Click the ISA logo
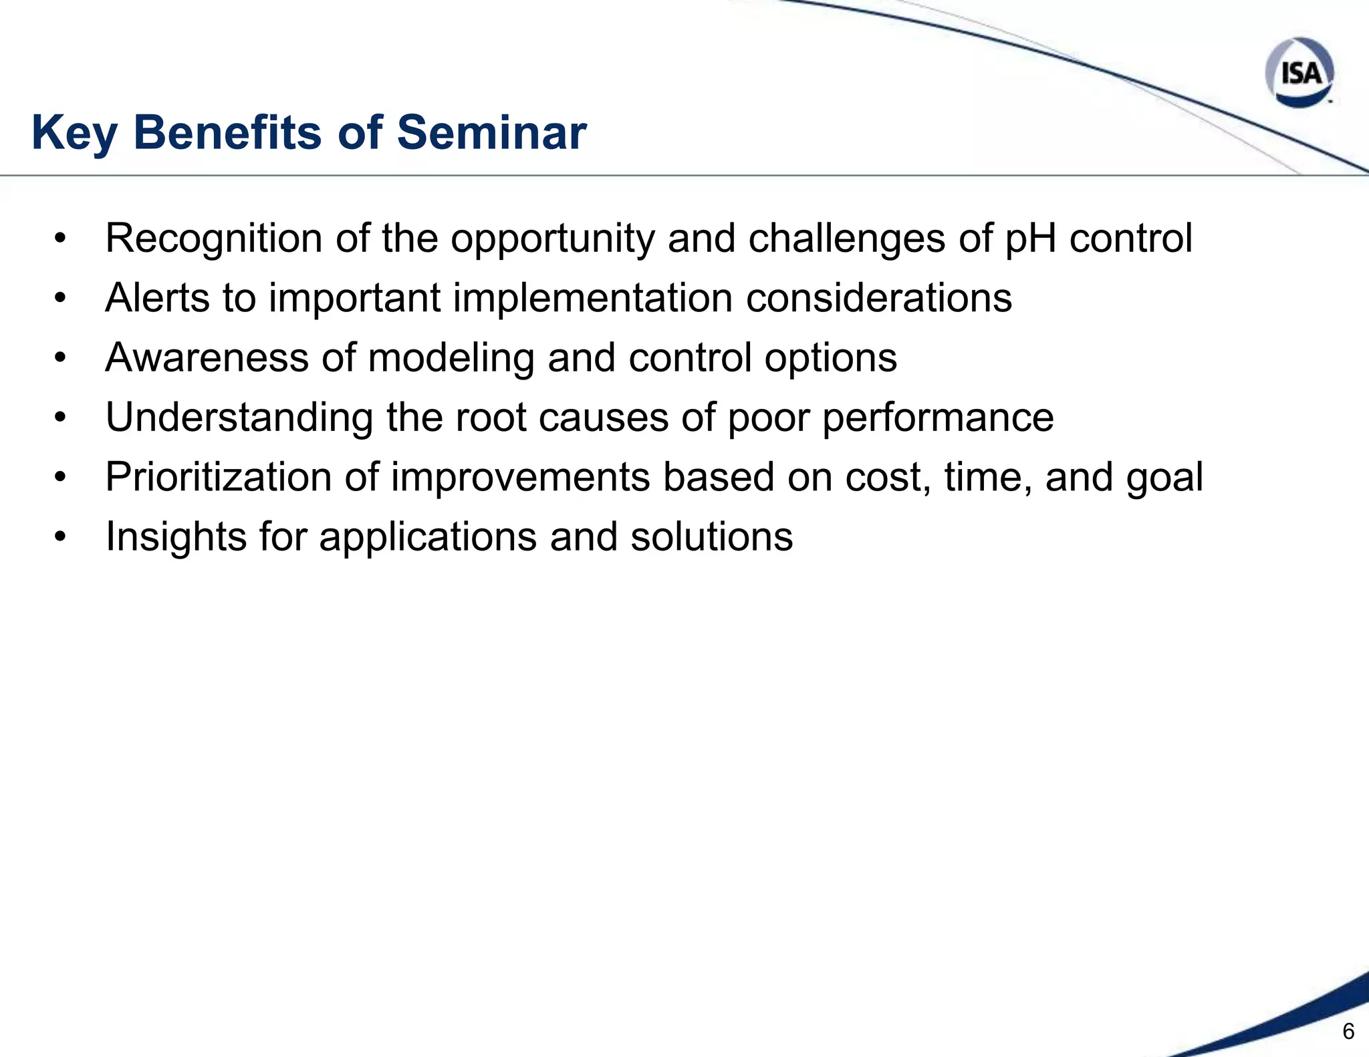(x=1299, y=72)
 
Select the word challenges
(x=846, y=239)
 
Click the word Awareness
(x=207, y=357)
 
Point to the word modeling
(x=451, y=358)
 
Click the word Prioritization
(x=218, y=477)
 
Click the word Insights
(x=176, y=537)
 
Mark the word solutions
(x=711, y=537)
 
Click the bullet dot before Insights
(x=61, y=537)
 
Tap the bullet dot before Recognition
(x=61, y=239)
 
